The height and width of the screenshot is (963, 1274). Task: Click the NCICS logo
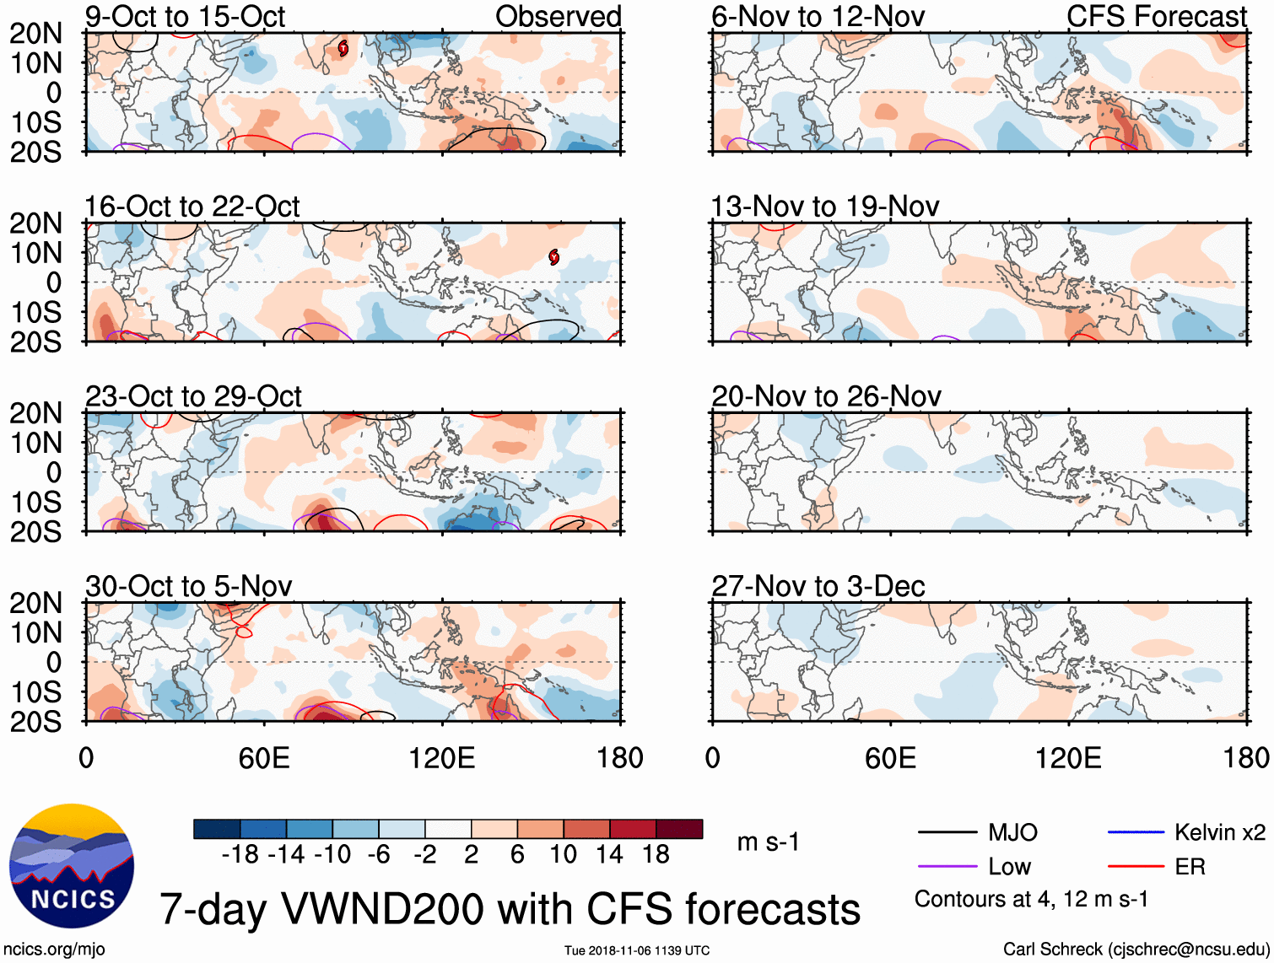click(71, 866)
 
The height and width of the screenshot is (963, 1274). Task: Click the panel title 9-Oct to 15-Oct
click(185, 17)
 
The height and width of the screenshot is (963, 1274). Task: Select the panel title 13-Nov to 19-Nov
click(824, 207)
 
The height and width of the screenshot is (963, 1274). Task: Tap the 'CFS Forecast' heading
click(1156, 17)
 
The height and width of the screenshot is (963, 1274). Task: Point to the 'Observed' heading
click(558, 17)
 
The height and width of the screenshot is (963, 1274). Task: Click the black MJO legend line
click(947, 833)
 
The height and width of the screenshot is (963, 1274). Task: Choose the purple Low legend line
click(947, 867)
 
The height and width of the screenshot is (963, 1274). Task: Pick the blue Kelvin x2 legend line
click(1136, 833)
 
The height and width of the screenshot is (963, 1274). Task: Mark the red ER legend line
click(1136, 867)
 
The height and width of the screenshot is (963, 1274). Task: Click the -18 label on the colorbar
click(240, 855)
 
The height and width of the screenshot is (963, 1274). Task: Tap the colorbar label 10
click(563, 855)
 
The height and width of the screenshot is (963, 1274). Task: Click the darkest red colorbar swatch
click(679, 829)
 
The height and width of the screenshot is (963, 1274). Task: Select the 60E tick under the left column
click(264, 758)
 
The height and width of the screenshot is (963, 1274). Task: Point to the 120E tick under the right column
click(1068, 758)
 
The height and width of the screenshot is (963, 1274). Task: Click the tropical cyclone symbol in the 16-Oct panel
click(553, 257)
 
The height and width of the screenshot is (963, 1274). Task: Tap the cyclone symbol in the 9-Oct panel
click(343, 49)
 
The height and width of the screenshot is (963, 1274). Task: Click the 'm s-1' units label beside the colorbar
click(768, 842)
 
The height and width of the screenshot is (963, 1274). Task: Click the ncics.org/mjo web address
click(54, 950)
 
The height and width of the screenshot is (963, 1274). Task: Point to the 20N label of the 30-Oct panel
click(35, 603)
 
